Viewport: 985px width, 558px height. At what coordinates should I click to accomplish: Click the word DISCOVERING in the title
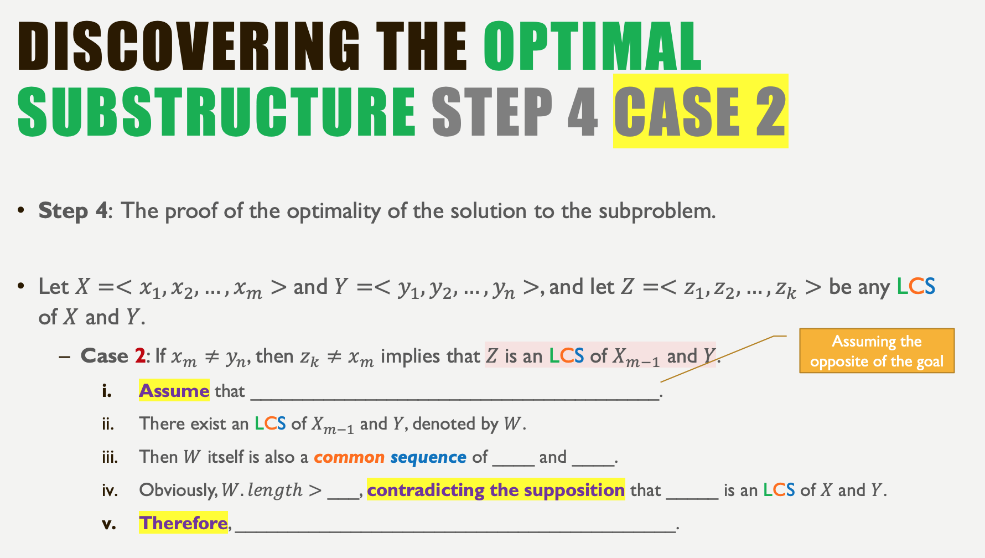[188, 46]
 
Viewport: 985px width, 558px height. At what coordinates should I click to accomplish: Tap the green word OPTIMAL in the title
[592, 46]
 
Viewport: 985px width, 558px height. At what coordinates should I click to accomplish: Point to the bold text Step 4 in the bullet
[72, 211]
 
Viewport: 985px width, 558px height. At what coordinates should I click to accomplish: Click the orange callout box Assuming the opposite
[877, 351]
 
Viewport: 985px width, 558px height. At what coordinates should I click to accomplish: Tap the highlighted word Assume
[174, 391]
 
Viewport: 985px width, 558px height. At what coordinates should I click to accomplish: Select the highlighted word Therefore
[183, 523]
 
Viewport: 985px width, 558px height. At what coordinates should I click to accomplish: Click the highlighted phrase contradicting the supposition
[495, 490]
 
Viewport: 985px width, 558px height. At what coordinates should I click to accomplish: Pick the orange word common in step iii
[349, 457]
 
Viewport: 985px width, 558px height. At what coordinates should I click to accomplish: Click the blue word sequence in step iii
[428, 457]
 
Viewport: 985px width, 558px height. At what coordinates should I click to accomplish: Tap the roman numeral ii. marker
[108, 425]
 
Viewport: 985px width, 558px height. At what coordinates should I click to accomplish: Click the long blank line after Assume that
[454, 394]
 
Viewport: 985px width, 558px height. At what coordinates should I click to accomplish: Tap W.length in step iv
[262, 490]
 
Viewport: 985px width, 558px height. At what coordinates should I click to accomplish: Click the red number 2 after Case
[140, 356]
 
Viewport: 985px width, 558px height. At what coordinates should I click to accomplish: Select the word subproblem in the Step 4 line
[657, 211]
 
